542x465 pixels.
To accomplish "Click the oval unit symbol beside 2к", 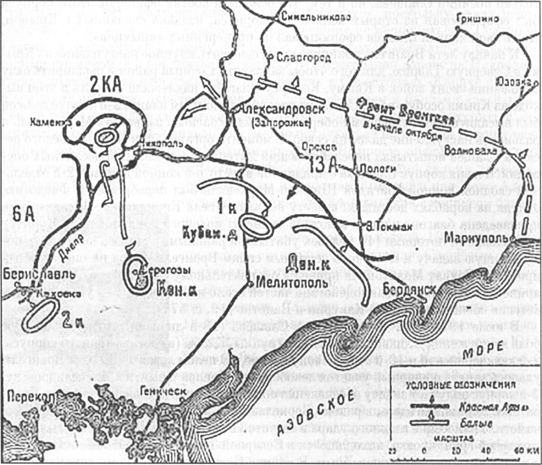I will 39,317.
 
